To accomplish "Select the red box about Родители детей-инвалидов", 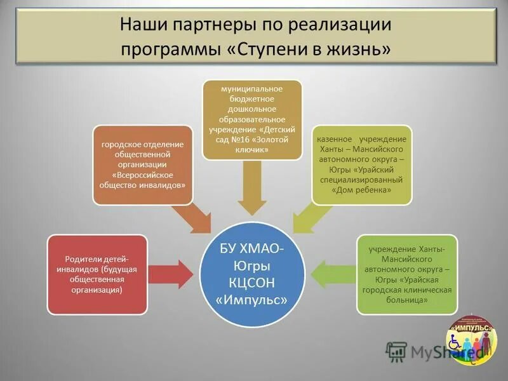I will pos(97,274).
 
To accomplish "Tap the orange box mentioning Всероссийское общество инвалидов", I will pos(142,164).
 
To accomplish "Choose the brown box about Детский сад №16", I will pos(252,119).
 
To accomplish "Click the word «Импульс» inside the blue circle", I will pos(253,298).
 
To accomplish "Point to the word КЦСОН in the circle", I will pos(253,281).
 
